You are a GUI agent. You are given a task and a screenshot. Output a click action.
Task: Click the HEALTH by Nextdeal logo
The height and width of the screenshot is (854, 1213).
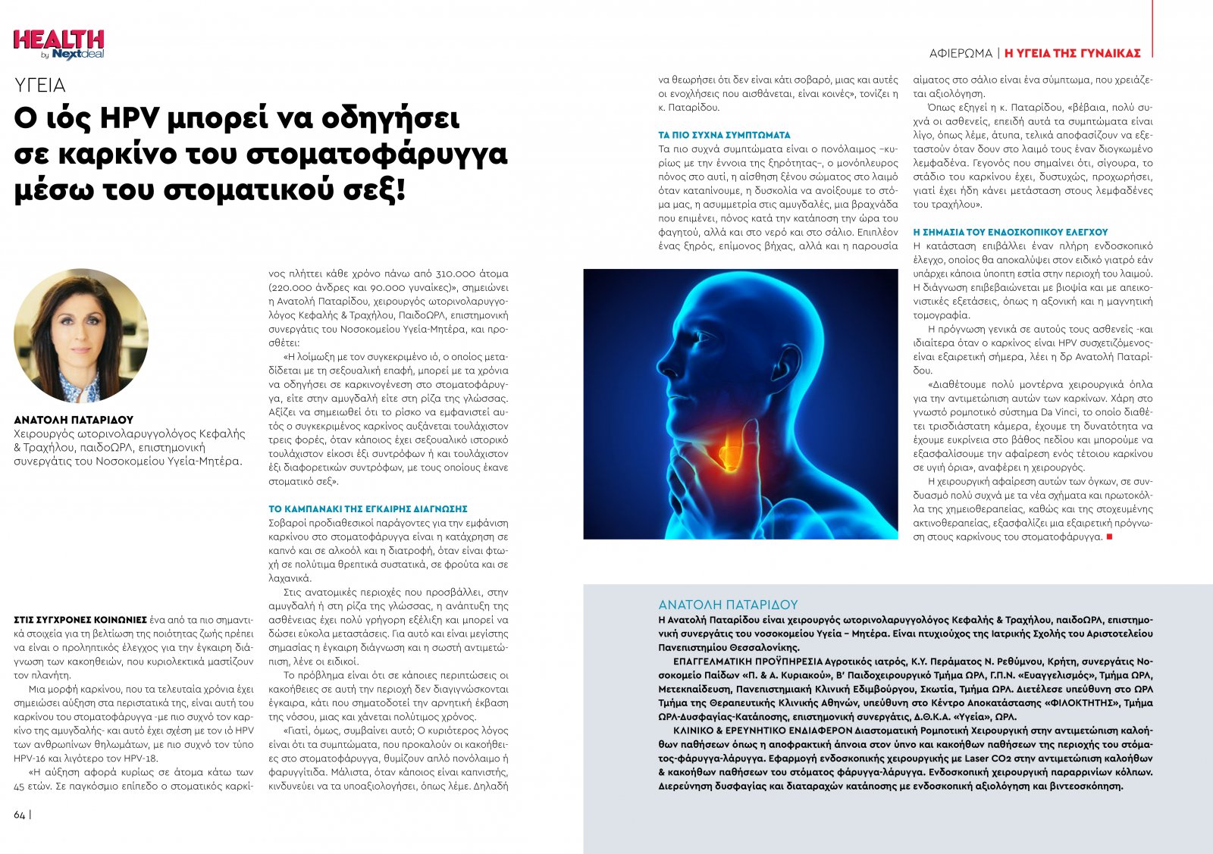pos(58,44)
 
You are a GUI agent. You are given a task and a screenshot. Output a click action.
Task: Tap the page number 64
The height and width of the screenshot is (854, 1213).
pos(20,815)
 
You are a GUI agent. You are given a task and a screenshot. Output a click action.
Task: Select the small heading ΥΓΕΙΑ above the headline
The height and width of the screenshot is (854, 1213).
pos(39,85)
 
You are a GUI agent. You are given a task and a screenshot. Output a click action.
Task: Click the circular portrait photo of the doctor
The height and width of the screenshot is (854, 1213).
pos(81,335)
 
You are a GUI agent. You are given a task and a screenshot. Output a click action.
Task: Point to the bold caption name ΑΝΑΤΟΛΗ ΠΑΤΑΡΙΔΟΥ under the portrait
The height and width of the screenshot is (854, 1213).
pos(74,420)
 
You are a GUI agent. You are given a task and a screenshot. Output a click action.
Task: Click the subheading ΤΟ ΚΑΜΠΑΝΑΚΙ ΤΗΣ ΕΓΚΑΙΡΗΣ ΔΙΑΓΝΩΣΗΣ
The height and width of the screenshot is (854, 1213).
pos(368,509)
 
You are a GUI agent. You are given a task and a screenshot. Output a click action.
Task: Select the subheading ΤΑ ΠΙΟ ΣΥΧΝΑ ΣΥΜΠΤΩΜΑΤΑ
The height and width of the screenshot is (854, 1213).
pos(724,135)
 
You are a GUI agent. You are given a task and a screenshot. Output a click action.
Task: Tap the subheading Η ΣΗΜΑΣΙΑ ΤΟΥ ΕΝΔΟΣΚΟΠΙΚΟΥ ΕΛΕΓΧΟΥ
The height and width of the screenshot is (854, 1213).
pos(1011,232)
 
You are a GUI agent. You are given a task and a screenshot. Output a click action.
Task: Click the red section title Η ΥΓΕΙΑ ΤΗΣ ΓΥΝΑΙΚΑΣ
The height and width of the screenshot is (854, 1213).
pos(1072,53)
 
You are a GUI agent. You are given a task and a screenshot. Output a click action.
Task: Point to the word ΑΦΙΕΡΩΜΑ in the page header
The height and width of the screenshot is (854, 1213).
pos(961,53)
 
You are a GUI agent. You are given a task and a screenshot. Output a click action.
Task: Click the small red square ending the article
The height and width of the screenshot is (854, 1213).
pos(1109,536)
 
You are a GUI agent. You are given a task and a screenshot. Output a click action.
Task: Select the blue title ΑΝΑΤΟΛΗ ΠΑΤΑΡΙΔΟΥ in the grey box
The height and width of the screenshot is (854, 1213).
pos(728,605)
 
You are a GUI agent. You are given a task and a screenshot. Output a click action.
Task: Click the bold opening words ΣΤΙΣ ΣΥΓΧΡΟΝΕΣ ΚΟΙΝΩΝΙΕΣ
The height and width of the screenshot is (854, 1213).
pos(80,620)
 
